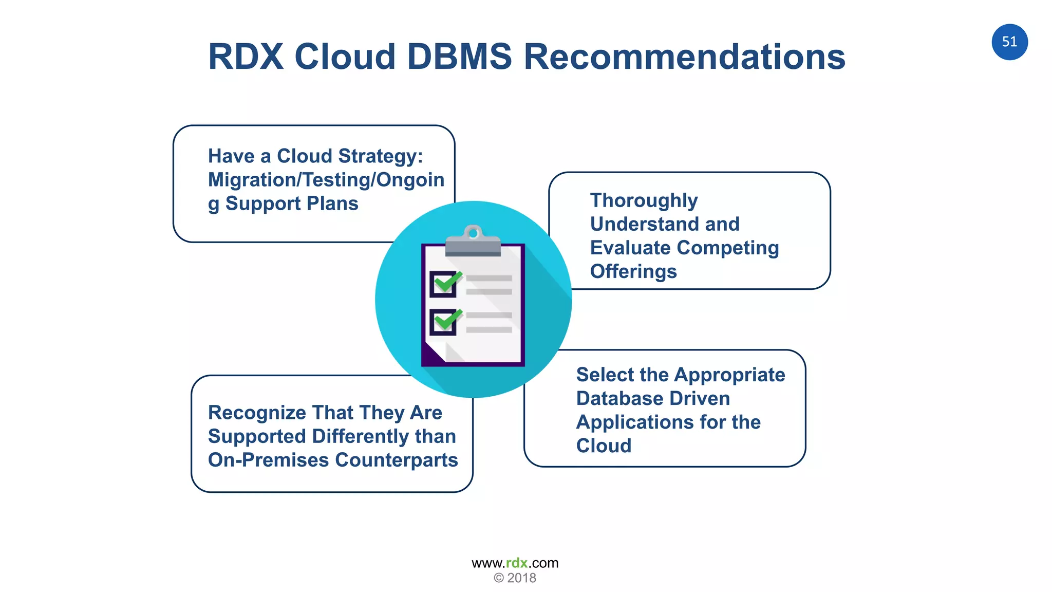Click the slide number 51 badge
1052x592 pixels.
point(1009,42)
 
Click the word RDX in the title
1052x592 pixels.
point(246,57)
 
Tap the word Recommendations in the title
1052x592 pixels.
point(684,57)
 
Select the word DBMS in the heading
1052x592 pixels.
point(459,57)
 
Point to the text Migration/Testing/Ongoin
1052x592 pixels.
point(326,180)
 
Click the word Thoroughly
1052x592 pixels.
point(644,200)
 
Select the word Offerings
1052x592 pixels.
point(633,271)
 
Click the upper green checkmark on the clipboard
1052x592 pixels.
point(448,282)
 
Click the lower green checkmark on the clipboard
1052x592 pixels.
point(448,320)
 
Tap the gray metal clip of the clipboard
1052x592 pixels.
point(473,242)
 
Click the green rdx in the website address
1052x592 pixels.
point(517,563)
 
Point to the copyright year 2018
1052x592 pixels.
point(521,578)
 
